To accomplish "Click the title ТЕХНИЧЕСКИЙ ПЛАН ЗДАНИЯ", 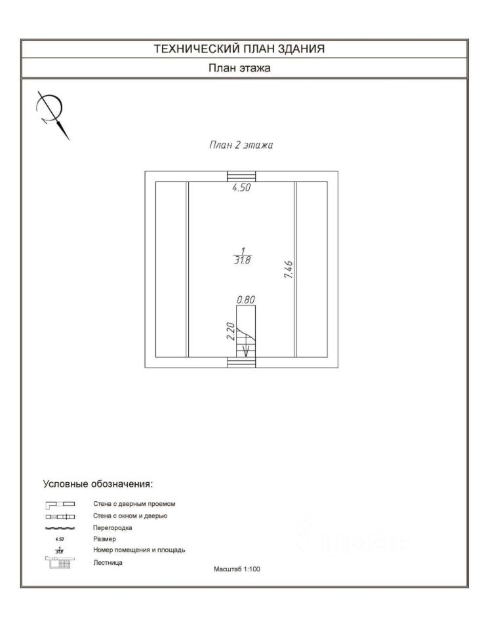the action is click(239, 48).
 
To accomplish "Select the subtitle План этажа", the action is click(239, 67).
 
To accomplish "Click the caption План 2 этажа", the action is click(241, 145).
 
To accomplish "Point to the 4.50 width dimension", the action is click(242, 187).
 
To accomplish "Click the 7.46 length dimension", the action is click(288, 270).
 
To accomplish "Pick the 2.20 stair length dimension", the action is click(230, 331).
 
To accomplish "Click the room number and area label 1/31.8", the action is click(242, 255).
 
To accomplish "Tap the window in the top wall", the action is click(241, 176).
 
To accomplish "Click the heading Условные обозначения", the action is click(98, 484).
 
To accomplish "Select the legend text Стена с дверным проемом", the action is click(134, 504).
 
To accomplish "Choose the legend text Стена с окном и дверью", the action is click(130, 516).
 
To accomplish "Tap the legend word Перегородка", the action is click(113, 527).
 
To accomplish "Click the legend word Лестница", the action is click(108, 562).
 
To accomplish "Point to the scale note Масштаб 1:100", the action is click(237, 569).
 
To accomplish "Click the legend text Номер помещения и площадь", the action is click(139, 550).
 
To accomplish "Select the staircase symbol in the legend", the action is click(60, 562).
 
